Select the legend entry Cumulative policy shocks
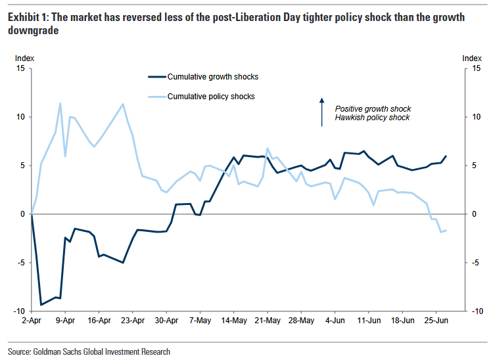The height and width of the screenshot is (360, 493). pos(211,97)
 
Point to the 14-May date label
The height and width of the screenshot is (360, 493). pos(234,321)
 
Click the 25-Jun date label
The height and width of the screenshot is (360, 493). pos(436,321)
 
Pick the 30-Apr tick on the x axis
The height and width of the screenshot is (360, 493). pos(166,321)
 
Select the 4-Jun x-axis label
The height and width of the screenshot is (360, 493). pos(335,321)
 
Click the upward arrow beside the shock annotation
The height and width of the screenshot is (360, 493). pos(322,112)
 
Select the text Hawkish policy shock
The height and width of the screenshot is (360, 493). pos(372,118)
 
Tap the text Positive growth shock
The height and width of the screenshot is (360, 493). pos(373,108)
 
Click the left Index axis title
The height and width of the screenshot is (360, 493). pos(24,58)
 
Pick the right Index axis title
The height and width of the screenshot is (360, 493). pos(472,58)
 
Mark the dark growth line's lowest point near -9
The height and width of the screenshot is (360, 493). pos(41,304)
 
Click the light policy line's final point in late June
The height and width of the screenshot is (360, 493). pos(446,230)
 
